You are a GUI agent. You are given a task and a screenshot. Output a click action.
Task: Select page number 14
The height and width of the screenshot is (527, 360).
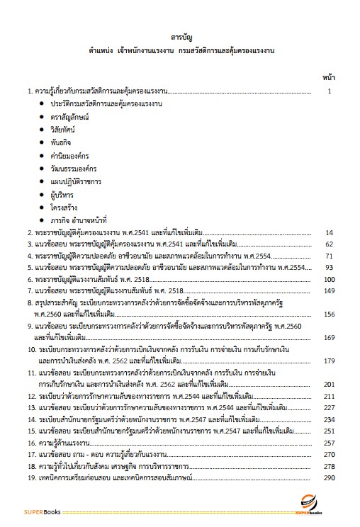329,232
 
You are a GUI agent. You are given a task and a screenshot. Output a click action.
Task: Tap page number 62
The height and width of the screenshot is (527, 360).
329,244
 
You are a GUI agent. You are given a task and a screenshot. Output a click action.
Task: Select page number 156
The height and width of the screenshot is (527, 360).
327,314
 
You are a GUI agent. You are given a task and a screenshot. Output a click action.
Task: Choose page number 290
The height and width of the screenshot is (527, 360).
327,475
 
